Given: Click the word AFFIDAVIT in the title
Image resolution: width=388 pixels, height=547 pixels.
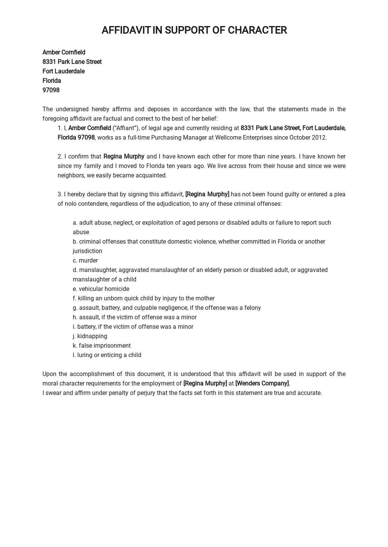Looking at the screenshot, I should point(126,30).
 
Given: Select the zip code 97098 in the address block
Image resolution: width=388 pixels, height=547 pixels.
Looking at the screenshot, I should point(51,90).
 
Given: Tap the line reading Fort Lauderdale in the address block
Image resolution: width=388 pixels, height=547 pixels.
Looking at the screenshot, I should point(63,71).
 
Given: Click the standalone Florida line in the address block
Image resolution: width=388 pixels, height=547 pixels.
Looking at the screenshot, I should point(52,81).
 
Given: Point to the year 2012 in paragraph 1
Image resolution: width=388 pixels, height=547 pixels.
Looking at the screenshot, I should point(319,137).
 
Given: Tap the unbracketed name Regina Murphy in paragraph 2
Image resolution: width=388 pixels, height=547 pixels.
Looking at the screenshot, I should point(124,156).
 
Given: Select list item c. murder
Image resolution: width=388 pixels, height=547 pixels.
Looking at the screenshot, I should point(85,260).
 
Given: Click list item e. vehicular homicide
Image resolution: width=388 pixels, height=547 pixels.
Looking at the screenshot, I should point(101,289).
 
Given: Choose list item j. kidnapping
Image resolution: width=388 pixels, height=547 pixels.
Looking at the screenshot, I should point(90,336).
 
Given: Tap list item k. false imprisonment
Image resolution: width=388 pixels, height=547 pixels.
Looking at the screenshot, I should point(102,345).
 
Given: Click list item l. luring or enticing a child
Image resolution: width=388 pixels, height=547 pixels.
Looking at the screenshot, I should point(107,355).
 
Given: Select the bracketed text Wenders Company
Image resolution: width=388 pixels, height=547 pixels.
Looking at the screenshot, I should point(262,383).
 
